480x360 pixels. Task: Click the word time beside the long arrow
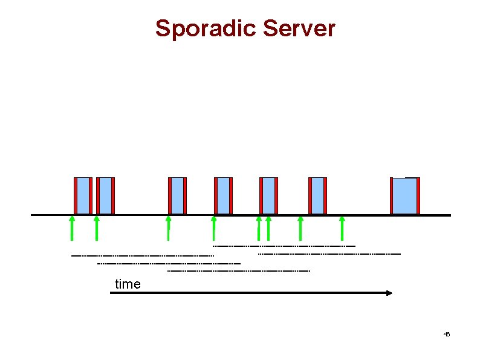click(128, 284)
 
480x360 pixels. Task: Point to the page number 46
click(447, 335)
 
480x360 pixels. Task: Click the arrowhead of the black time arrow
click(389, 293)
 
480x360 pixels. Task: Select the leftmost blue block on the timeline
click(83, 195)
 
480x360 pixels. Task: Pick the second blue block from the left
click(106, 195)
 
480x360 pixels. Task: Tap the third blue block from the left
click(177, 195)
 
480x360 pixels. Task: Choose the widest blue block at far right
click(405, 195)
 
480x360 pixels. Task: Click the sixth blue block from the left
click(317, 195)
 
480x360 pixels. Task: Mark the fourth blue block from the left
click(223, 195)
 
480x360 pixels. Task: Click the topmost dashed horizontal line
click(284, 246)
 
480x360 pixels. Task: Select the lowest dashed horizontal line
click(238, 271)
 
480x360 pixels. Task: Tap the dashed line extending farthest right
click(329, 254)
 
